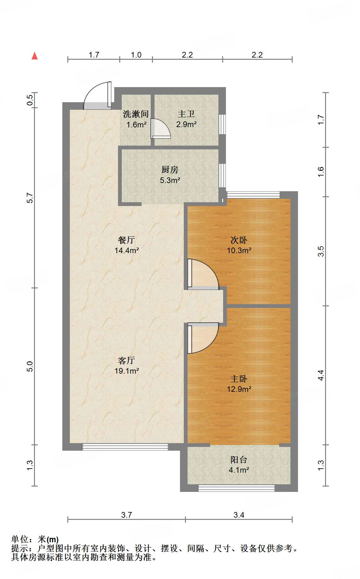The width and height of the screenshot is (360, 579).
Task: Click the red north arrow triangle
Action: click(x=35, y=56)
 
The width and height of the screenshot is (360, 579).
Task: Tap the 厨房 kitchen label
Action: click(x=170, y=170)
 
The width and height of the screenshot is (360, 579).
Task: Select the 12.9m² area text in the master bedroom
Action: click(x=239, y=389)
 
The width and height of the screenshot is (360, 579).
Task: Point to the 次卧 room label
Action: click(x=239, y=240)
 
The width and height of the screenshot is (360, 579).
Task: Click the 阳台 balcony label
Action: click(x=239, y=460)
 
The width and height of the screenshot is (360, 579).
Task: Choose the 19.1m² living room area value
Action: click(x=127, y=371)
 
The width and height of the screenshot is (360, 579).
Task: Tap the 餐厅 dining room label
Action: click(x=127, y=240)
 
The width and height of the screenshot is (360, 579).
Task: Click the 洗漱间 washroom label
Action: click(x=136, y=114)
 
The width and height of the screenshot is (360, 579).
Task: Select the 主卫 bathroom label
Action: click(x=186, y=114)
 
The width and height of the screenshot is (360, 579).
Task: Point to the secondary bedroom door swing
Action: click(x=203, y=274)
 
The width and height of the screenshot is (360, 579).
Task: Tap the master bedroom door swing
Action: click(x=203, y=338)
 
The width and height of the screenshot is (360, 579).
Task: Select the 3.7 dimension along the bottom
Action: click(x=127, y=515)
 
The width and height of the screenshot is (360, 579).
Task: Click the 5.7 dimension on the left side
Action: click(x=30, y=198)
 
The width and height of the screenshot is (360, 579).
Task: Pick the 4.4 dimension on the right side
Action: click(x=321, y=375)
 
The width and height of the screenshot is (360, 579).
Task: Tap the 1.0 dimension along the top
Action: click(x=136, y=55)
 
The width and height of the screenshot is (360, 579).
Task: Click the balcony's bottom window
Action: click(x=236, y=488)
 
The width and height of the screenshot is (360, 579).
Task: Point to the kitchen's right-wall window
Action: click(x=222, y=175)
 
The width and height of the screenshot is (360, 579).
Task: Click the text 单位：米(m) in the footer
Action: click(x=35, y=540)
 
